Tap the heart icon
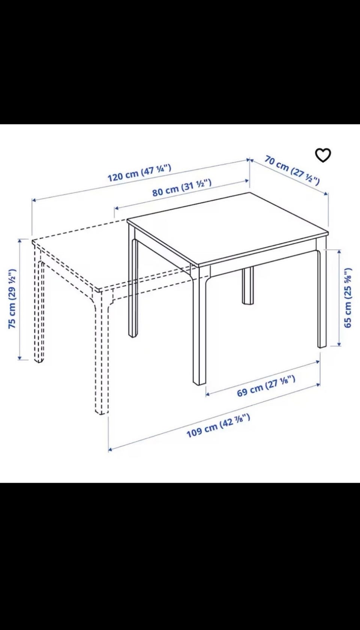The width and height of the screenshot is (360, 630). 323,155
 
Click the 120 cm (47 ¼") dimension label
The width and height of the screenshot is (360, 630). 139,173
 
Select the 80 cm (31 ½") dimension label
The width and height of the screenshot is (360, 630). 182,188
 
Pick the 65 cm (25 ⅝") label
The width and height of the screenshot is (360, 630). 348,298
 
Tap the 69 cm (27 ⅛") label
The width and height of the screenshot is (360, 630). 266,386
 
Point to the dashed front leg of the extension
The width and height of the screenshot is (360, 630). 102,352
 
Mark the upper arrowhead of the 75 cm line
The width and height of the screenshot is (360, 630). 19,241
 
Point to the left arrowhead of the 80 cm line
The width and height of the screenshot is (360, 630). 116,208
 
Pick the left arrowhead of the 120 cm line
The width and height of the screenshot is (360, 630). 33,200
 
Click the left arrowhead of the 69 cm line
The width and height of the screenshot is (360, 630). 208,395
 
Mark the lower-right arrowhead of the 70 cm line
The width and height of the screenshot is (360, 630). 326,194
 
